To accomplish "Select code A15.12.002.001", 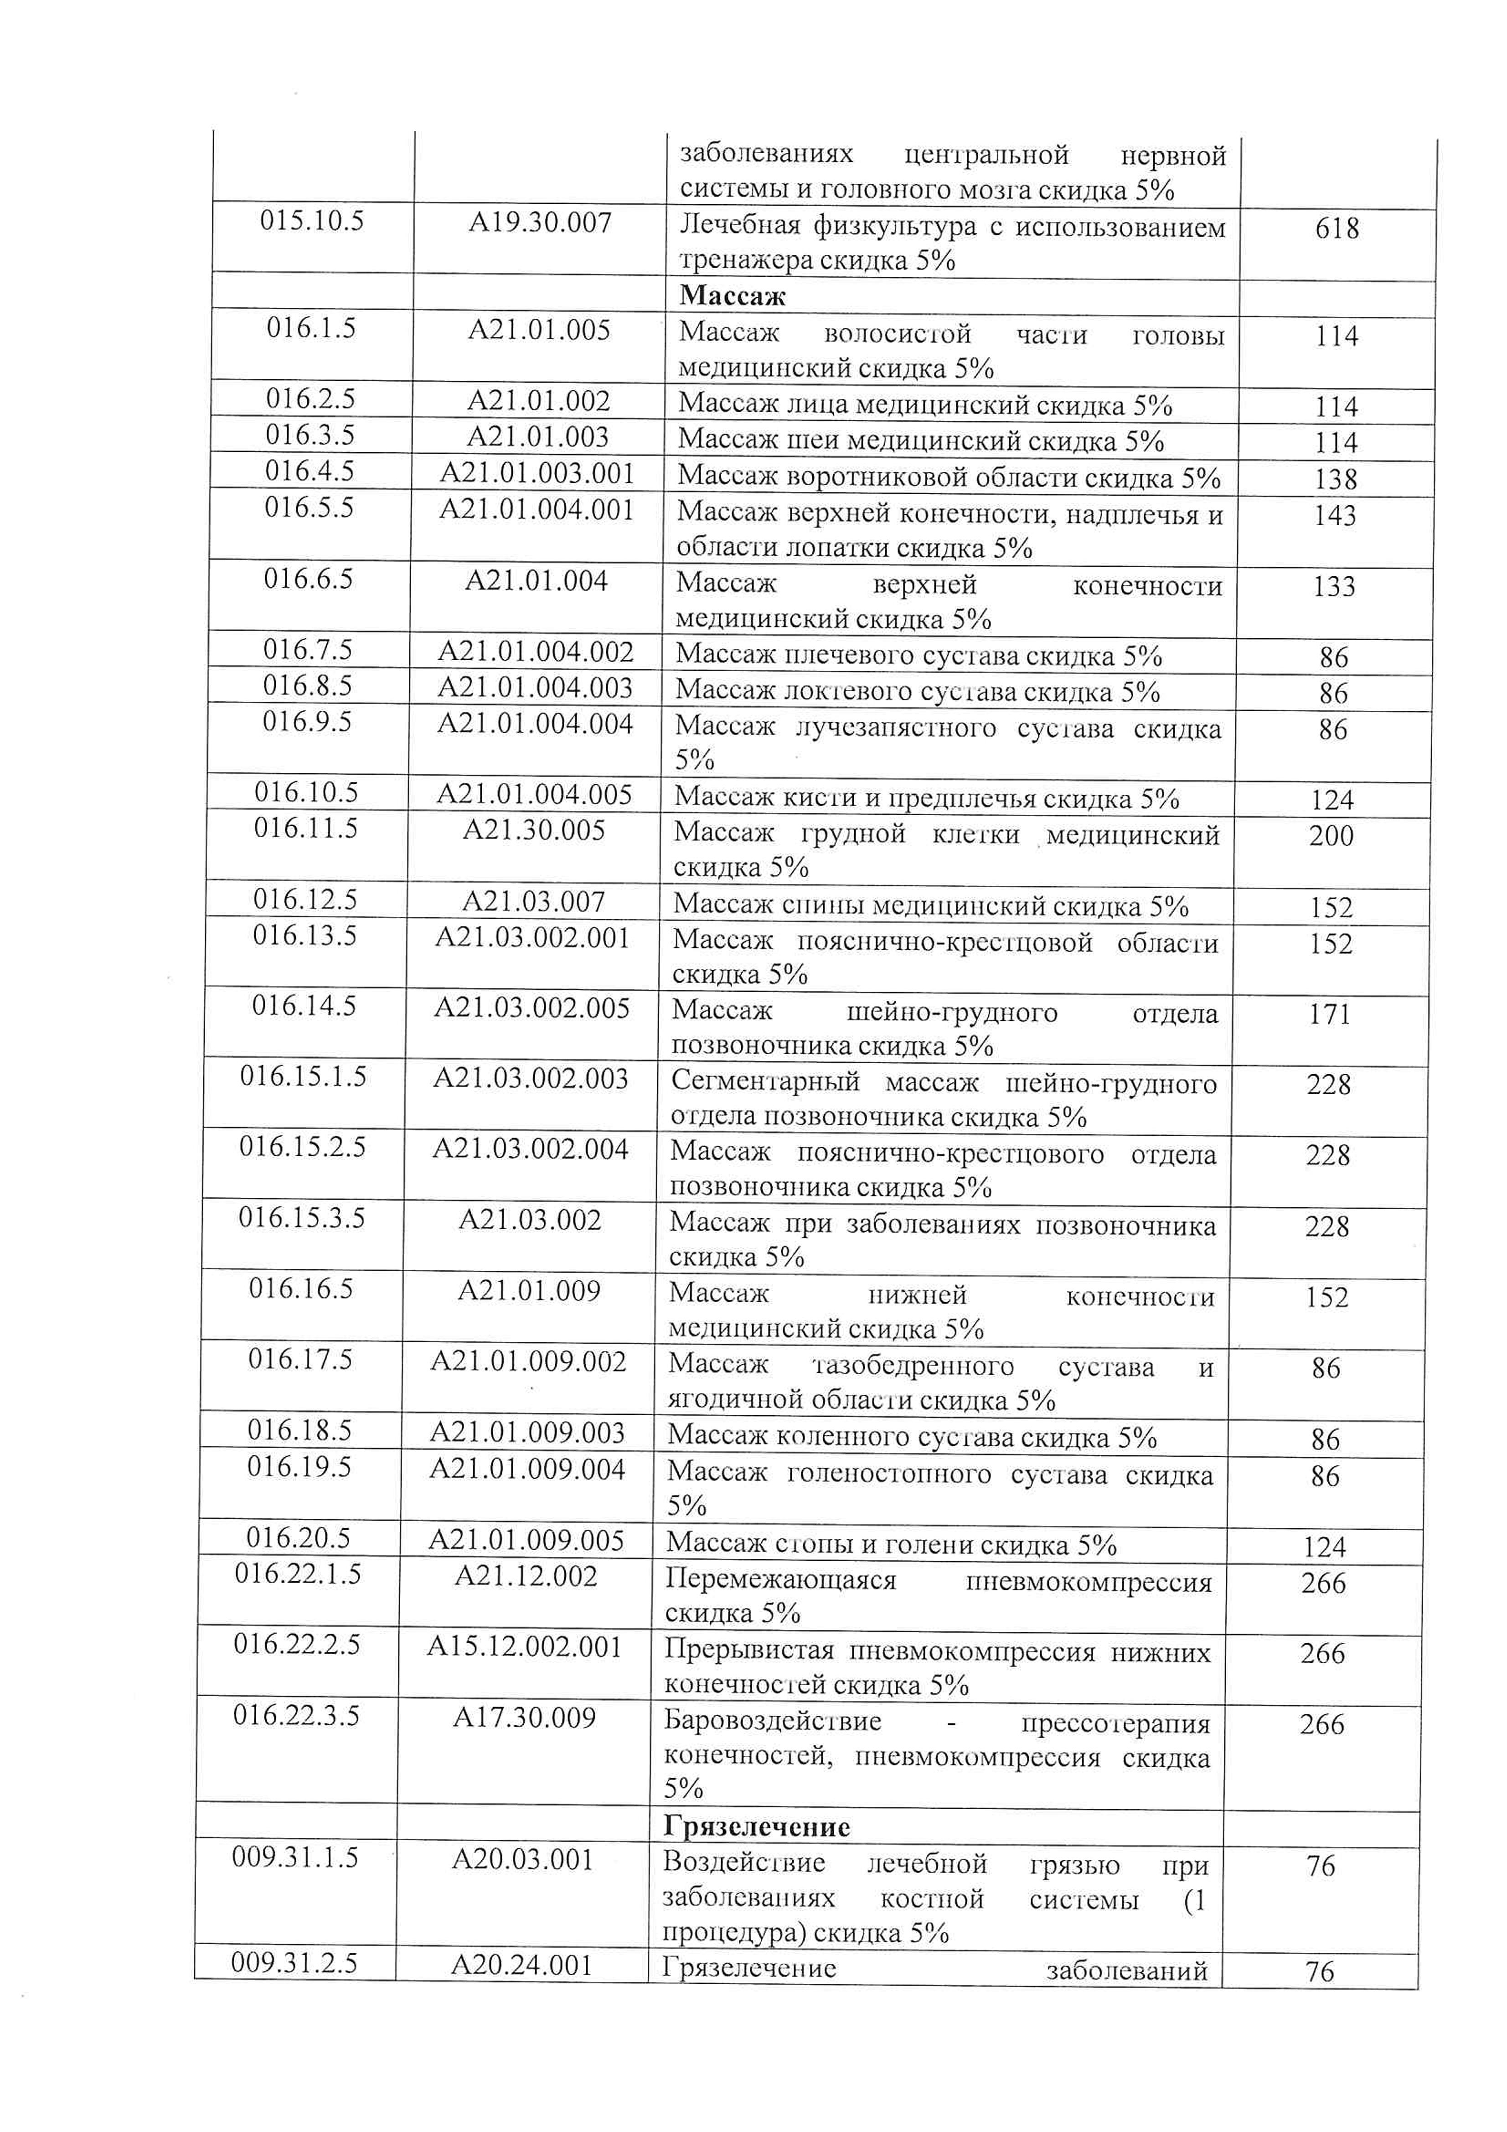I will click(524, 1646).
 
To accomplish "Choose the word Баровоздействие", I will click(772, 1721).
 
